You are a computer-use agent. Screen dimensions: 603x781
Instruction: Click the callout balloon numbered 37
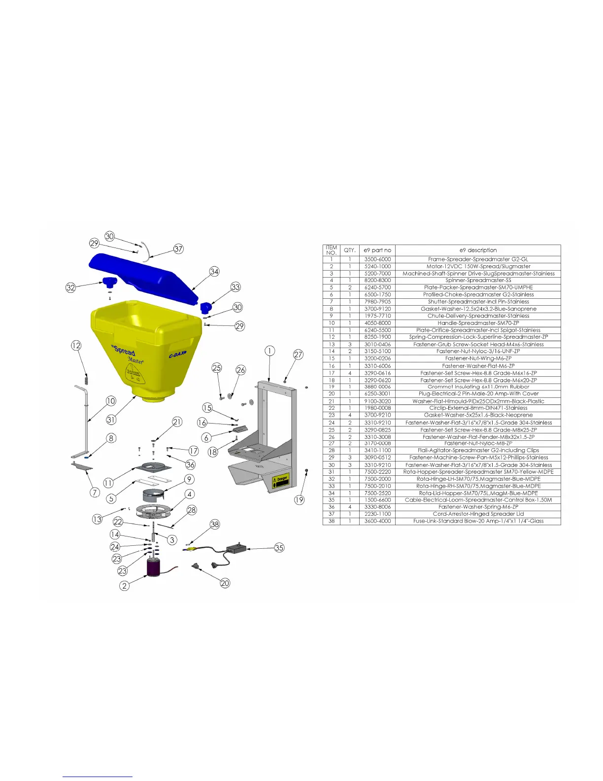click(178, 249)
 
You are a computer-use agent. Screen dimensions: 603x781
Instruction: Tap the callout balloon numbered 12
click(76, 346)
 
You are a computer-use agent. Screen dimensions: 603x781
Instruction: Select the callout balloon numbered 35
click(279, 548)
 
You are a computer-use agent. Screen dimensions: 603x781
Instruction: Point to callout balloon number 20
click(225, 583)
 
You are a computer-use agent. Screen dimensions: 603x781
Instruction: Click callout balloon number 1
click(269, 351)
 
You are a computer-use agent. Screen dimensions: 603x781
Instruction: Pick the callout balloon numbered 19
click(299, 499)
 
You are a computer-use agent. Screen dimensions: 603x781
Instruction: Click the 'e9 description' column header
click(478, 250)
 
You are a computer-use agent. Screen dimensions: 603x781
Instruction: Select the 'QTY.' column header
click(350, 250)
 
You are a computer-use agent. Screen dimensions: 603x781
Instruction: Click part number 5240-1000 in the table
click(377, 266)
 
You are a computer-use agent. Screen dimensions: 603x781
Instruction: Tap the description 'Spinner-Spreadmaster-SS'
click(478, 280)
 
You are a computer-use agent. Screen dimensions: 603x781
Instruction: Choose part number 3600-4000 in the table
click(377, 521)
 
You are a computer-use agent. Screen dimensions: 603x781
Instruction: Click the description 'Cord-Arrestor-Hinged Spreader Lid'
click(478, 514)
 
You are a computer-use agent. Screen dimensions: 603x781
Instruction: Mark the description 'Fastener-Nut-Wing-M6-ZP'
click(478, 358)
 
